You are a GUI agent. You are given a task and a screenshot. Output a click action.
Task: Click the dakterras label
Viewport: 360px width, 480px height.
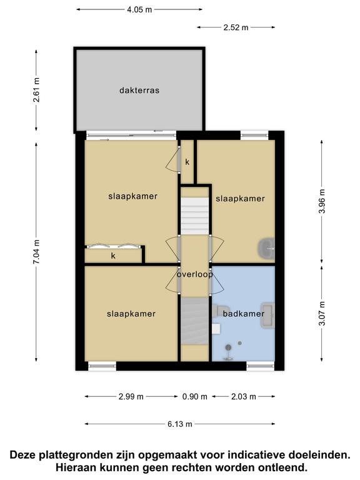(x=139, y=90)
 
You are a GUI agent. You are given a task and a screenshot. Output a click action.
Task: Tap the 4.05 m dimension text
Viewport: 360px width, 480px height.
(x=139, y=9)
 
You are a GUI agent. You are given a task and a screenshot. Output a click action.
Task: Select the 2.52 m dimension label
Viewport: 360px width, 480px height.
(x=236, y=27)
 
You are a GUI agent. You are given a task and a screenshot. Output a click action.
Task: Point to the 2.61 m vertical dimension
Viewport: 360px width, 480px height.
(x=36, y=90)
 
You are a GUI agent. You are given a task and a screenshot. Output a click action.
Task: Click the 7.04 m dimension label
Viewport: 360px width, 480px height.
(x=36, y=252)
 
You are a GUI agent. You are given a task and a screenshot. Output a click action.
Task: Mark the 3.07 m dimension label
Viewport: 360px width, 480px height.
(x=322, y=314)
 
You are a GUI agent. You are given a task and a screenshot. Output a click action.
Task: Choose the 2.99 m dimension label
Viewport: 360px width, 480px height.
(x=131, y=397)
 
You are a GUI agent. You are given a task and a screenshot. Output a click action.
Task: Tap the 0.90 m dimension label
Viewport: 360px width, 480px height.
(x=195, y=397)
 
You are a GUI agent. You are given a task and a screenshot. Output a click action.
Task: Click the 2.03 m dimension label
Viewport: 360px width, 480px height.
(x=243, y=397)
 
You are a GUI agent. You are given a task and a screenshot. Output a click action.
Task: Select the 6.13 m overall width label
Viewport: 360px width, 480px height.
(x=180, y=424)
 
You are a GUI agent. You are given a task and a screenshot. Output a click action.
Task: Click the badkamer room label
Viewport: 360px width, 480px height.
(x=243, y=314)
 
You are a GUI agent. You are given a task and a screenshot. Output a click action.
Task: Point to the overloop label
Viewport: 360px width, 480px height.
(x=195, y=274)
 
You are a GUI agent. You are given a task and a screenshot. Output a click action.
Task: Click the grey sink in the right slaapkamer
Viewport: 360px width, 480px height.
(x=266, y=249)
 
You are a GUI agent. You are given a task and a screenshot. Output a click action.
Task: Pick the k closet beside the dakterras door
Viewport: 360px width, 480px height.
(x=187, y=162)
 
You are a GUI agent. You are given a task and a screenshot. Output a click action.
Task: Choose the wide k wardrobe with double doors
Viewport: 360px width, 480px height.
(x=113, y=256)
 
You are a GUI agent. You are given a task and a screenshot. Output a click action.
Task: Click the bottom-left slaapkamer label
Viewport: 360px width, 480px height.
(x=131, y=314)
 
